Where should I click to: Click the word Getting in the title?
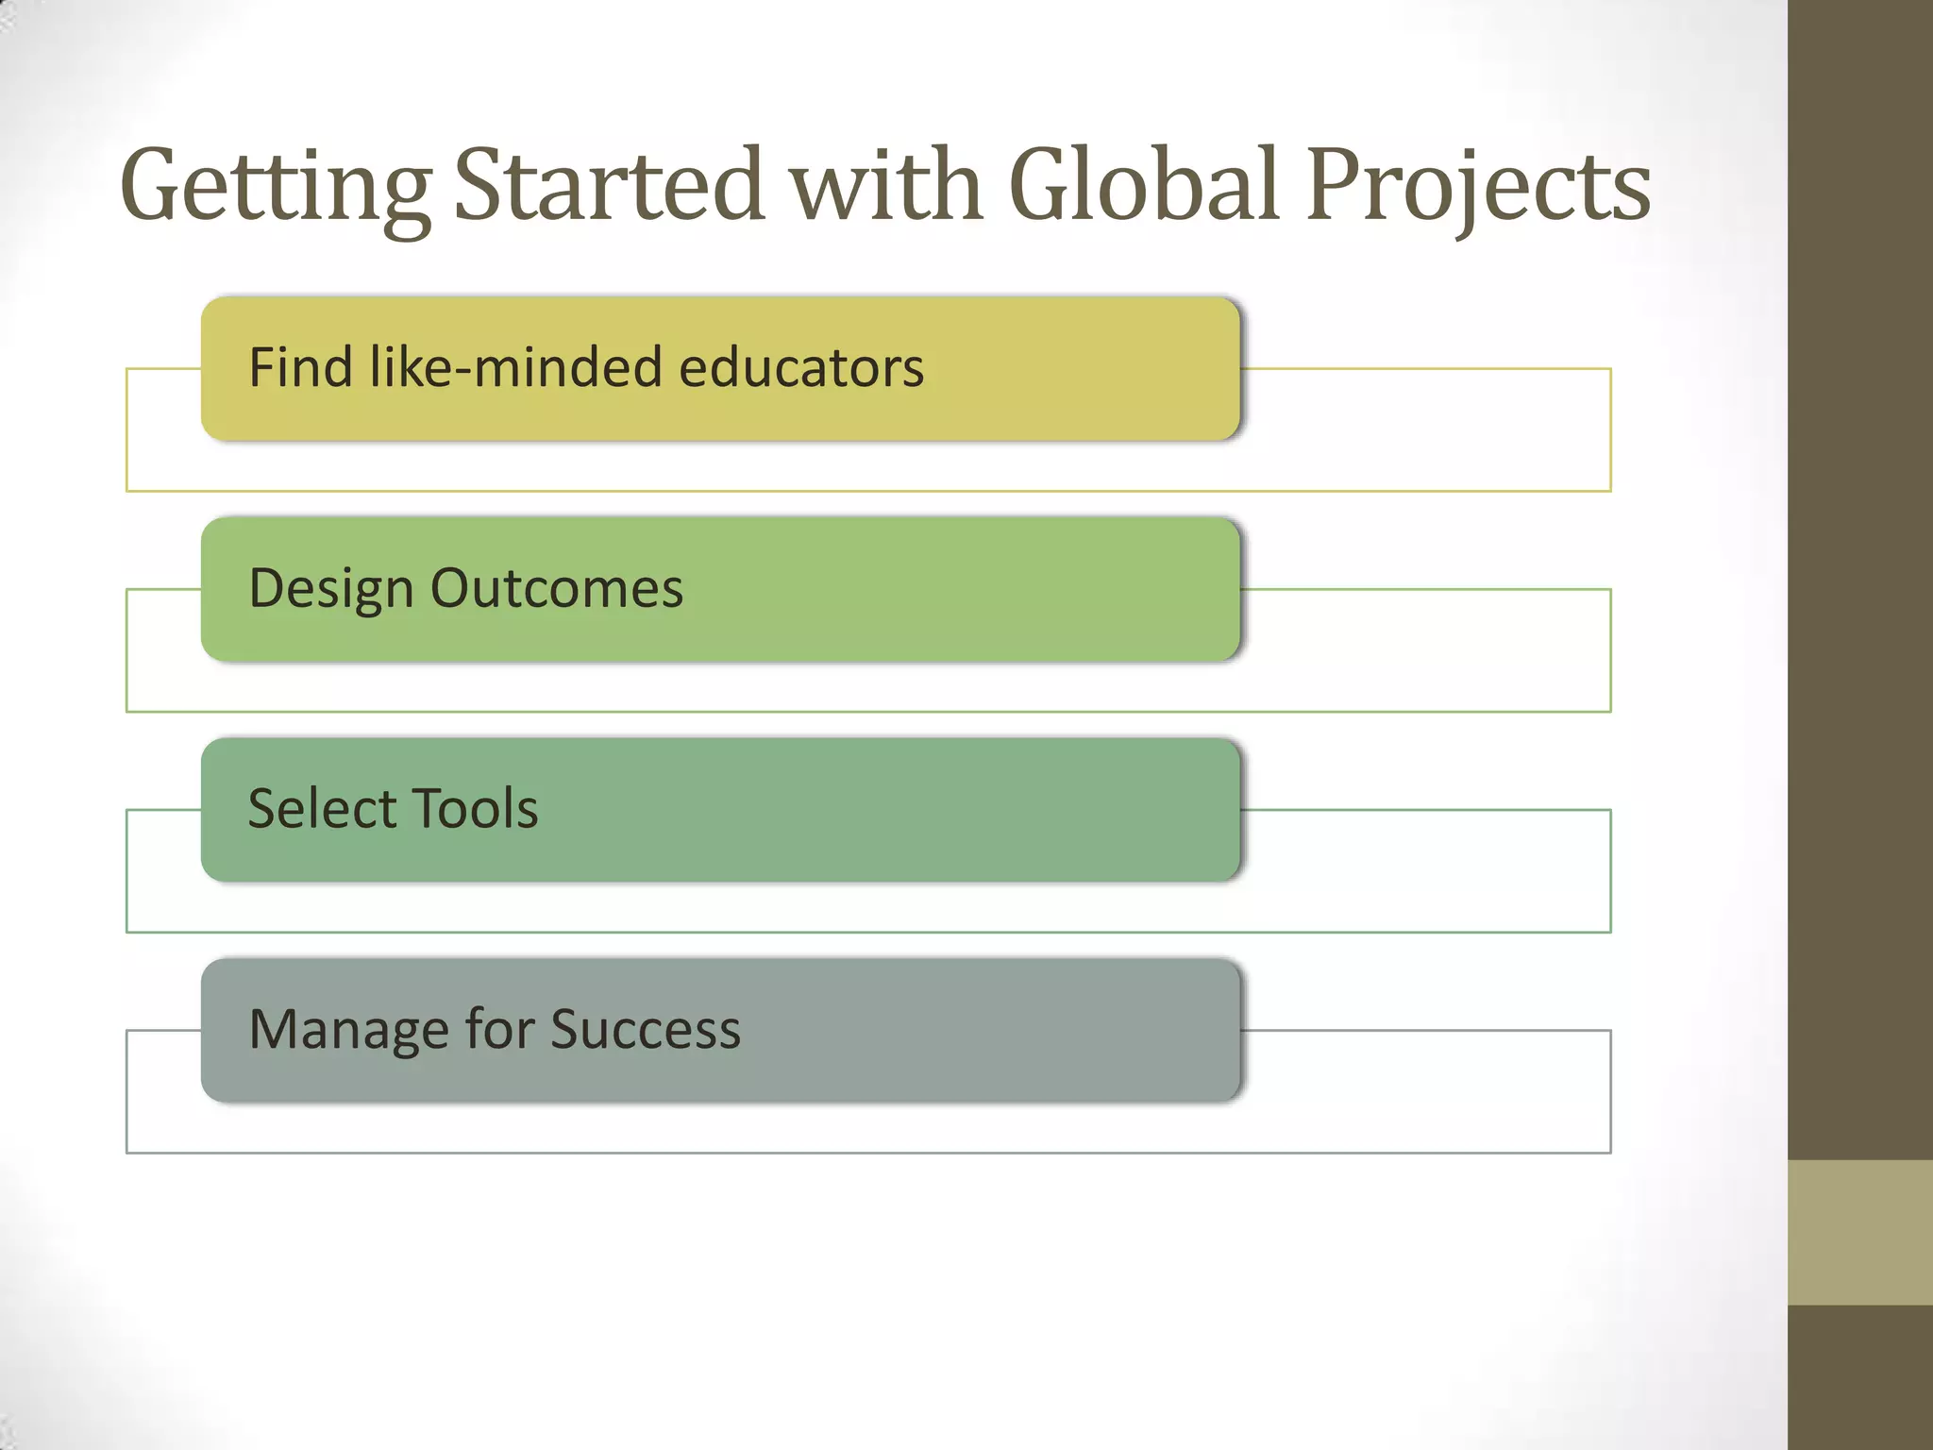tap(276, 187)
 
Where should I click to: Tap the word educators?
tap(801, 367)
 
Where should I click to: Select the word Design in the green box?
tap(331, 589)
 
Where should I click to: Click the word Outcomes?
tap(557, 588)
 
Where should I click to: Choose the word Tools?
tap(476, 809)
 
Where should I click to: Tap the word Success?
tap(646, 1029)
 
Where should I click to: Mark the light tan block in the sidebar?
tap(1859, 1232)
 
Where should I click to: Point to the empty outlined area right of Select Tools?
tap(1425, 870)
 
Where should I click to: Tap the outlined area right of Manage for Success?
tap(1425, 1091)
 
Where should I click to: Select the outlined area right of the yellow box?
tap(1425, 430)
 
